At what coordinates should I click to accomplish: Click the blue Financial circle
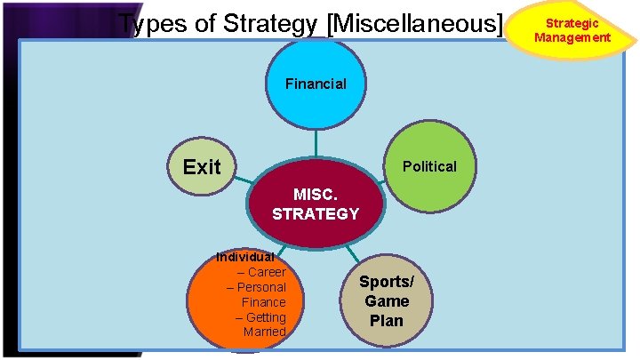[316, 85]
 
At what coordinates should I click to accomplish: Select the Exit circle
[202, 167]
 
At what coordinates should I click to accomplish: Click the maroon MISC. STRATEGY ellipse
[316, 204]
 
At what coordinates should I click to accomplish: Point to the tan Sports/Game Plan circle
[387, 302]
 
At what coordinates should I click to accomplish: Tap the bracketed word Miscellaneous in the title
[415, 25]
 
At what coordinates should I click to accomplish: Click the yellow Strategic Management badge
[572, 30]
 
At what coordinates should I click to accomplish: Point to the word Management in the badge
[572, 37]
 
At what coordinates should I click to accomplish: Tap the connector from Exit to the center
[244, 180]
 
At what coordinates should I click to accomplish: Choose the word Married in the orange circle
[265, 332]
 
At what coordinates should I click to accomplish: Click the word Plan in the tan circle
[387, 320]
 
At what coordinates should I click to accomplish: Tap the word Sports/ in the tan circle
[387, 283]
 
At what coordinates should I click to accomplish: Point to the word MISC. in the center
[316, 195]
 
